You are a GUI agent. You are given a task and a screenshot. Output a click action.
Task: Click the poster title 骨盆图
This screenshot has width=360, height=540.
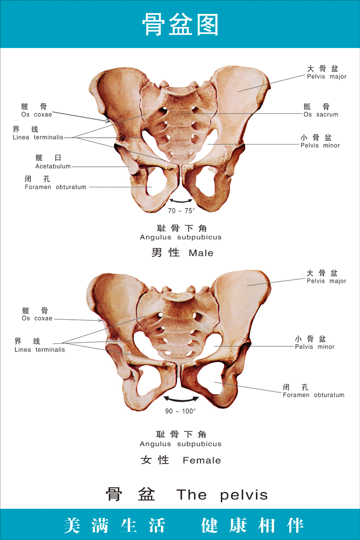click(x=180, y=24)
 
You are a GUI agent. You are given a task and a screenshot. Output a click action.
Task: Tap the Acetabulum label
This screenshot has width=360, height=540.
click(x=53, y=166)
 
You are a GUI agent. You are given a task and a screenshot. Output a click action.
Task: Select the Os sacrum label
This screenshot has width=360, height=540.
click(x=321, y=115)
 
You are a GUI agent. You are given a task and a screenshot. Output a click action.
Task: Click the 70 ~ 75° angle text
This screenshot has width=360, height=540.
click(x=181, y=211)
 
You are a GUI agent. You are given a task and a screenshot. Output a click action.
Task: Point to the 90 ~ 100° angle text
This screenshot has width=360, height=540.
click(x=180, y=411)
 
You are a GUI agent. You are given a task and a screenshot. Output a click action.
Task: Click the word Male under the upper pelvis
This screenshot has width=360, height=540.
click(x=201, y=253)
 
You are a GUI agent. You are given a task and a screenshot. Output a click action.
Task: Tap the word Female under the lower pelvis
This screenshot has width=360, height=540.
click(x=202, y=460)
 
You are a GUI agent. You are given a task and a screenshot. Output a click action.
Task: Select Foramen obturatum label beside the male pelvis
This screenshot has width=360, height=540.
click(x=56, y=187)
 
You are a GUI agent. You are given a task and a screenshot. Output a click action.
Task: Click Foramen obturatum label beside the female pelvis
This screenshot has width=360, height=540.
click(x=313, y=395)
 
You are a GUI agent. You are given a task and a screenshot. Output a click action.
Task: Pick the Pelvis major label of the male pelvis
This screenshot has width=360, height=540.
click(x=326, y=77)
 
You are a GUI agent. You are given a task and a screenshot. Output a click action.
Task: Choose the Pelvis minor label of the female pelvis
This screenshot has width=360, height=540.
click(x=314, y=347)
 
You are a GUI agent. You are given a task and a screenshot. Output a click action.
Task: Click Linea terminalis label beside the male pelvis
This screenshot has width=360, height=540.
click(x=38, y=137)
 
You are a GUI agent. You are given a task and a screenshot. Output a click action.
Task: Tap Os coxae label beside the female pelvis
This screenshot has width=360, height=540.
click(x=37, y=318)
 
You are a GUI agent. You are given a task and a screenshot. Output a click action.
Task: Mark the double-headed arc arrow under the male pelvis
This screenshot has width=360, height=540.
click(x=181, y=201)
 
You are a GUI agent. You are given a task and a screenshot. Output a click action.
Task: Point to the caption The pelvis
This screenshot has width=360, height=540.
click(x=222, y=495)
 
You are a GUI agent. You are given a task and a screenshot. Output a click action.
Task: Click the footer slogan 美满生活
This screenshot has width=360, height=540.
click(x=114, y=525)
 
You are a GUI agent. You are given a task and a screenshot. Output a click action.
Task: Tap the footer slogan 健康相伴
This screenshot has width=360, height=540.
click(x=252, y=525)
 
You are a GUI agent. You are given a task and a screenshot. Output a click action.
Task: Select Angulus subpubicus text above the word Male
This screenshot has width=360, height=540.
click(x=180, y=237)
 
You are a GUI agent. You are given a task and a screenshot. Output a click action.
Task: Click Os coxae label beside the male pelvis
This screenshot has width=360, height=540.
click(x=36, y=115)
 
